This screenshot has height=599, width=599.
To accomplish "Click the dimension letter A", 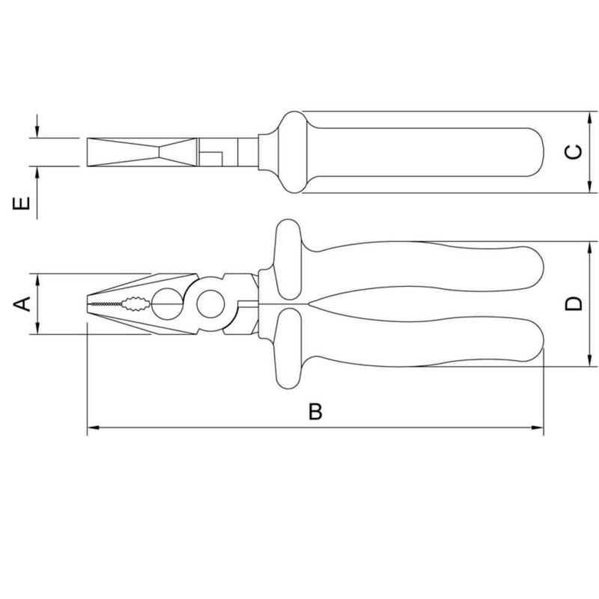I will point(23,303).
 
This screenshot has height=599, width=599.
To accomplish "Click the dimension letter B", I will point(316,411).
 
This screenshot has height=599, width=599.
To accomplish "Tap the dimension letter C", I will point(573,153).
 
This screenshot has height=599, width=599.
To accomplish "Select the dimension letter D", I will point(573,303).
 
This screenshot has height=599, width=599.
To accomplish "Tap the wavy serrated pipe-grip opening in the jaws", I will point(136,303).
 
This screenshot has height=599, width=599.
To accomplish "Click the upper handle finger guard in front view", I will point(287,258).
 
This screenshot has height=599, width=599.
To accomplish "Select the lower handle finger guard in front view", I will point(287,350).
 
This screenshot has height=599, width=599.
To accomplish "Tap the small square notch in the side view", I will point(213,156).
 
